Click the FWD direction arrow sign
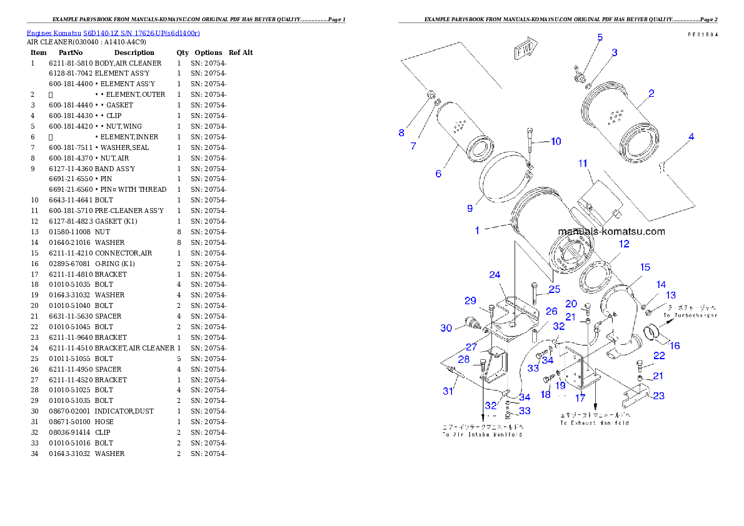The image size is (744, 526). (524, 49)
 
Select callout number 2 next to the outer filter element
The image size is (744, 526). (651, 94)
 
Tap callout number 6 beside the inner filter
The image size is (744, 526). (438, 173)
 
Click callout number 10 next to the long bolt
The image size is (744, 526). (556, 141)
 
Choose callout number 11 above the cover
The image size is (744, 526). (583, 164)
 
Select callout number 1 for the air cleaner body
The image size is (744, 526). (477, 231)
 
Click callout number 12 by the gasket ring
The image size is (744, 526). (624, 244)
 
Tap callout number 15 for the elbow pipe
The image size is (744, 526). (645, 267)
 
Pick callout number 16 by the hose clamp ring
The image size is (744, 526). (675, 345)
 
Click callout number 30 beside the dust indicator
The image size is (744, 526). (445, 328)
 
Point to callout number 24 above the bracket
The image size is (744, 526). (495, 275)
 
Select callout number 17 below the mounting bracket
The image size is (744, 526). (581, 397)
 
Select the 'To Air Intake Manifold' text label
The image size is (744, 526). (482, 434)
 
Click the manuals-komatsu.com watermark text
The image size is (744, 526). (611, 232)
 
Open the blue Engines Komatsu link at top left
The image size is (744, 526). (113, 33)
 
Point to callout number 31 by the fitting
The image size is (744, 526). (448, 391)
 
